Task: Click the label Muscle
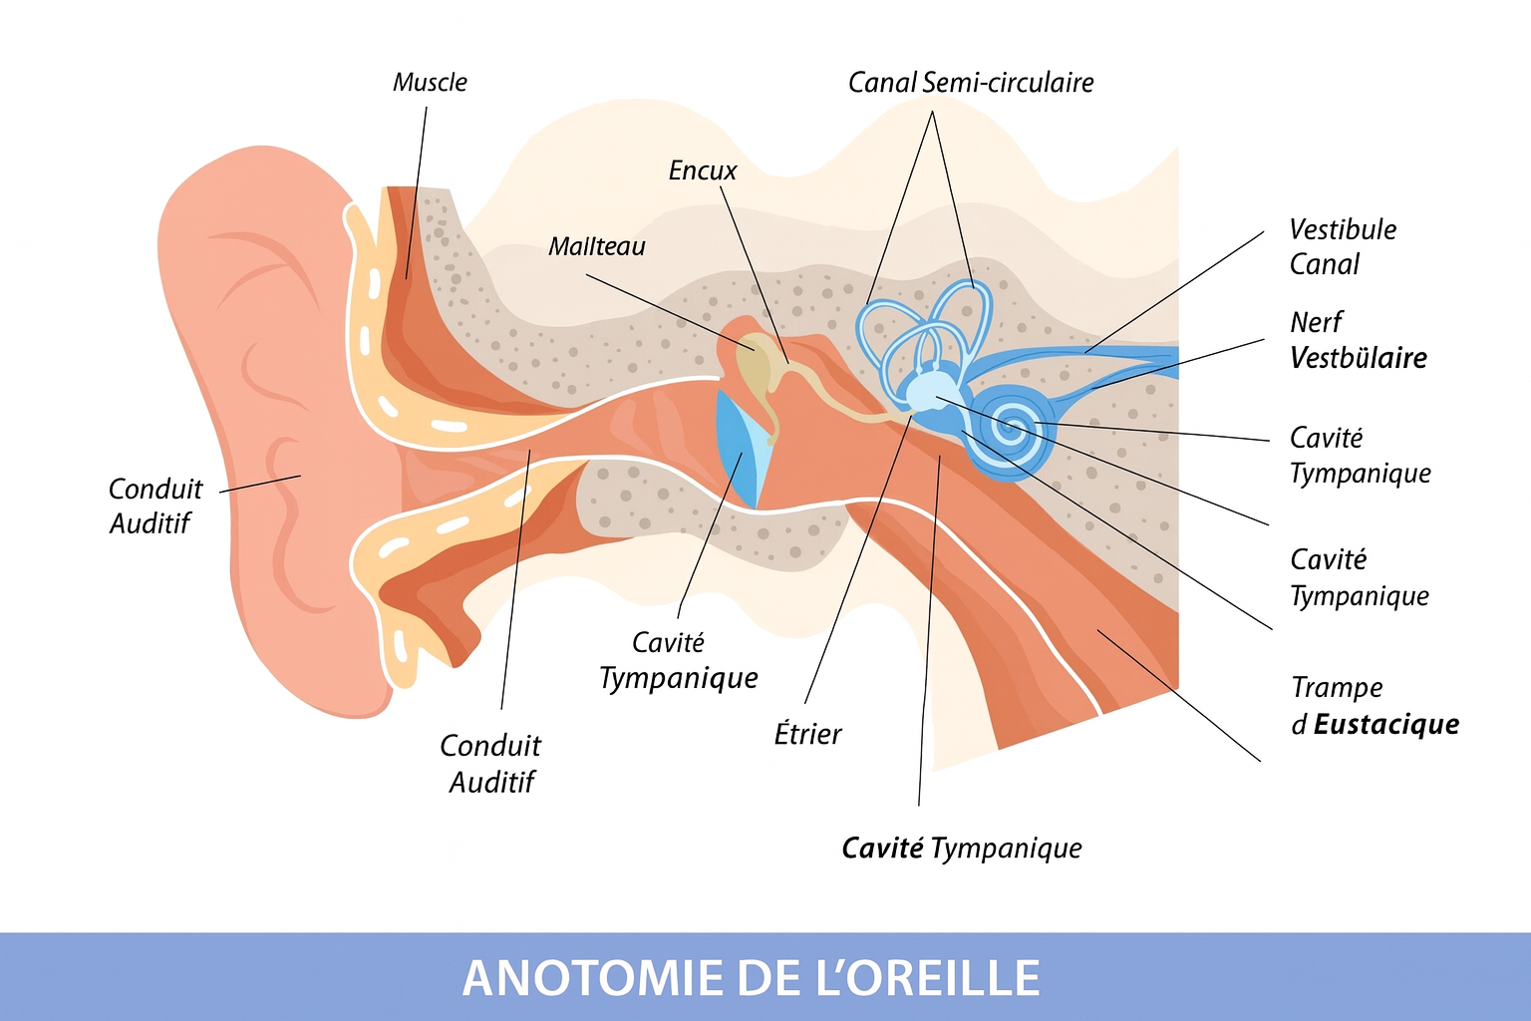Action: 430,83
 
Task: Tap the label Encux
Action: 703,170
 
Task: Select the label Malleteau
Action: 597,246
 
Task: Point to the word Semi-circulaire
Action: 1008,83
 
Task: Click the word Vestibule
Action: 1343,229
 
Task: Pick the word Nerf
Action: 1317,322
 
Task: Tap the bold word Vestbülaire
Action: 1359,358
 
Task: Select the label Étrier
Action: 807,734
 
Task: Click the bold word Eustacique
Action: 1386,724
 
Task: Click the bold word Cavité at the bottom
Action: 882,848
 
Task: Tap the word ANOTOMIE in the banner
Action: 593,978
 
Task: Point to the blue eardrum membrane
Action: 740,448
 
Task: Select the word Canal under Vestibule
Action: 1325,264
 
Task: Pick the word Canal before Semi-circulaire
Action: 882,83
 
